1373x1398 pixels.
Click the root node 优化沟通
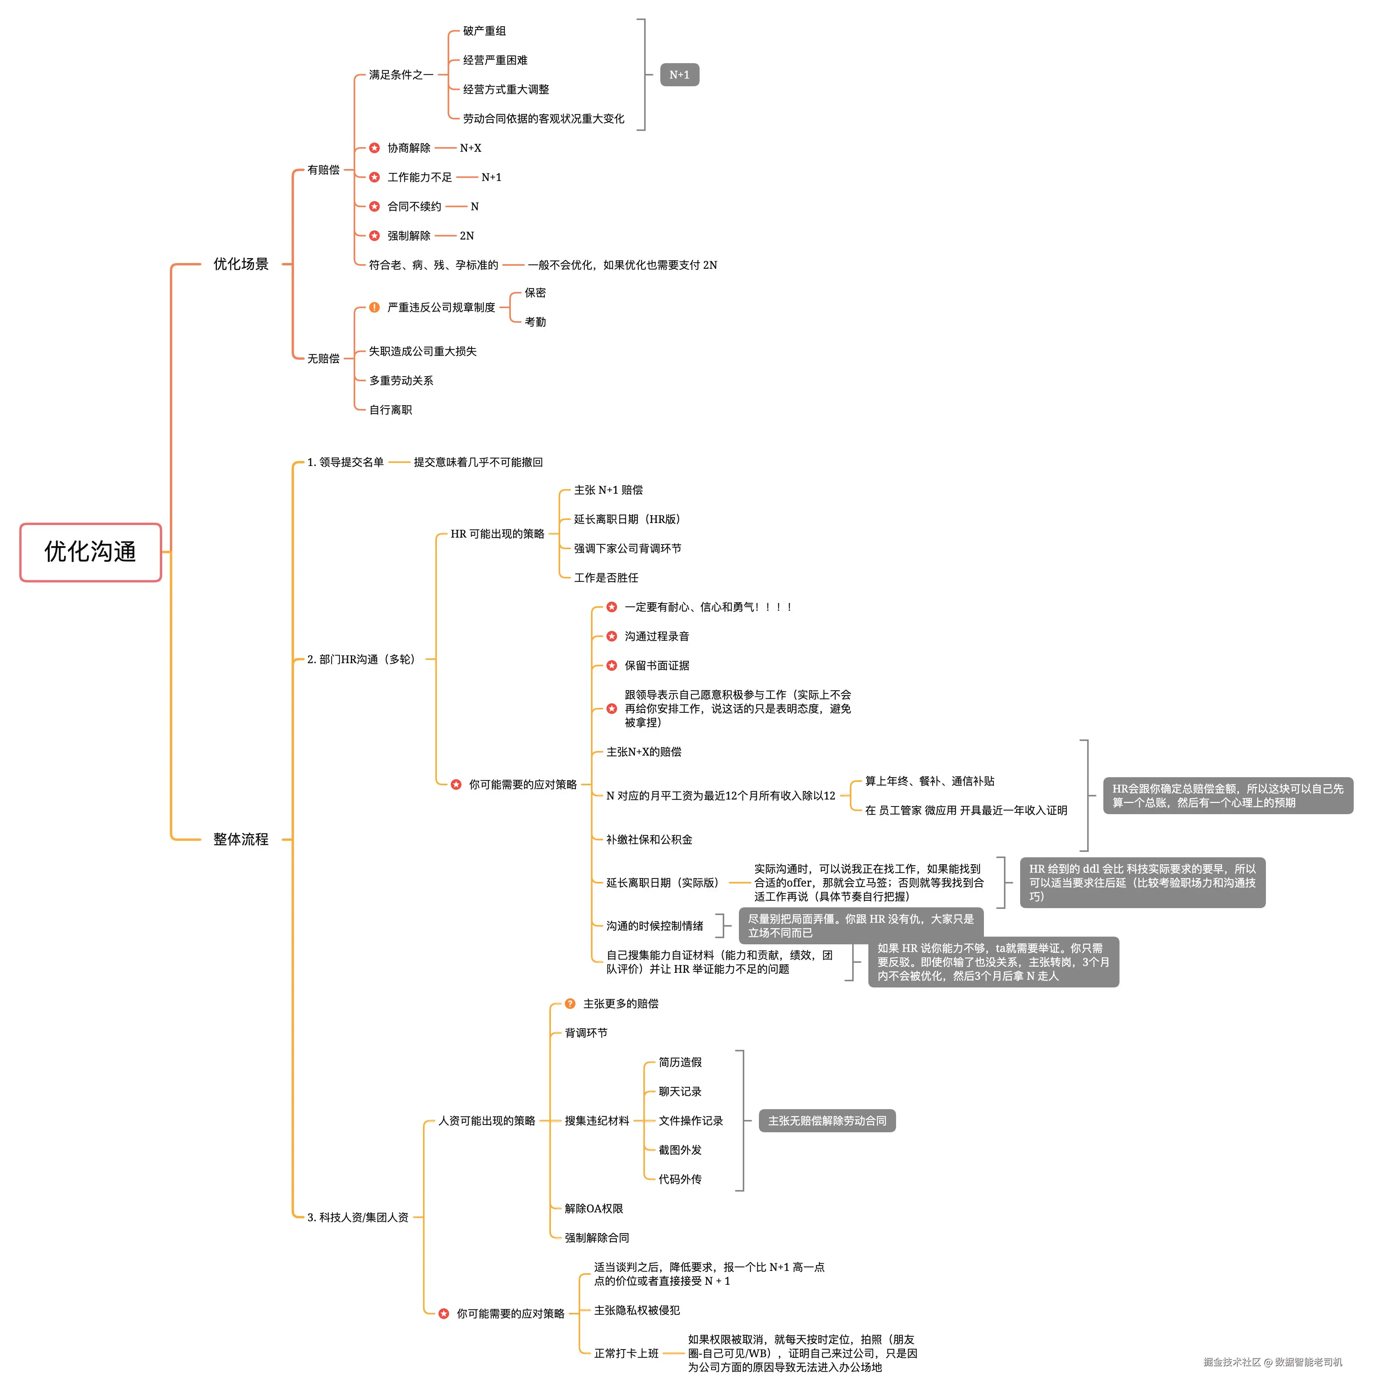90,551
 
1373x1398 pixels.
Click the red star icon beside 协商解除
374,148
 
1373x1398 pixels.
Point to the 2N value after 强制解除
467,236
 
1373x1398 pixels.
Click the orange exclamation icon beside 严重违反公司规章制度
374,307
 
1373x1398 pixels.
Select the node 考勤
535,322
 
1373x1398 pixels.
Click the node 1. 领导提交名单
346,462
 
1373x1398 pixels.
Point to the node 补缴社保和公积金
649,839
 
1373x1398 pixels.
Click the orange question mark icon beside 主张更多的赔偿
570,1004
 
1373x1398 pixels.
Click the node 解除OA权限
594,1209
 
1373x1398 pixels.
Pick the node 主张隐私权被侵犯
637,1310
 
